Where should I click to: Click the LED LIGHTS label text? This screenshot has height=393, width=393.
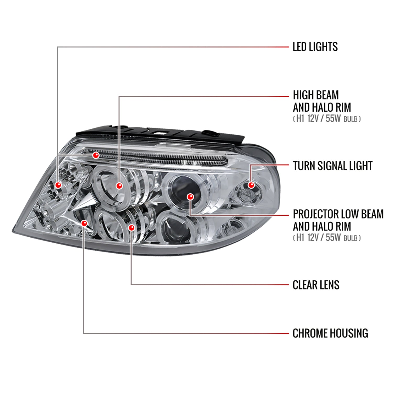pyautogui.click(x=315, y=47)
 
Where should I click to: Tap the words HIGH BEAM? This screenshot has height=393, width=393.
pyautogui.click(x=316, y=95)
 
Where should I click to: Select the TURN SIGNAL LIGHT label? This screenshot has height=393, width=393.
pyautogui.click(x=332, y=166)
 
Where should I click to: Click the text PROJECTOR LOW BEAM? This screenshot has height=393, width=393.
pyautogui.click(x=338, y=214)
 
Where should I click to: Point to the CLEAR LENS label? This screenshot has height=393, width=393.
pyautogui.click(x=316, y=285)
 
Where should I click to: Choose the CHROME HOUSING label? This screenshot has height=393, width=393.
pyautogui.click(x=330, y=333)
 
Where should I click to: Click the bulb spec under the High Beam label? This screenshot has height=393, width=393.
pyautogui.click(x=327, y=119)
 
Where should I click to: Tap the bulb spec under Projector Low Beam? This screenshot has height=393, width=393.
pyautogui.click(x=327, y=238)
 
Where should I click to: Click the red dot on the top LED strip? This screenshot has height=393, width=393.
pyautogui.click(x=96, y=155)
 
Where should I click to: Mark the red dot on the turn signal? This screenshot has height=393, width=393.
pyautogui.click(x=251, y=185)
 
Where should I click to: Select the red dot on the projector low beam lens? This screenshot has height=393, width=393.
pyautogui.click(x=190, y=196)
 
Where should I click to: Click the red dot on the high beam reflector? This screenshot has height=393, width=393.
pyautogui.click(x=119, y=186)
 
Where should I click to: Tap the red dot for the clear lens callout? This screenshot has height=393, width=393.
pyautogui.click(x=132, y=228)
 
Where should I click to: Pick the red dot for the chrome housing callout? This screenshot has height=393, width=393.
pyautogui.click(x=84, y=223)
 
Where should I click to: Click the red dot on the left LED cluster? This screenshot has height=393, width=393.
pyautogui.click(x=58, y=185)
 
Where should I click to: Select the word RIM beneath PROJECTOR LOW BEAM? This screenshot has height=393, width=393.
pyautogui.click(x=343, y=226)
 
